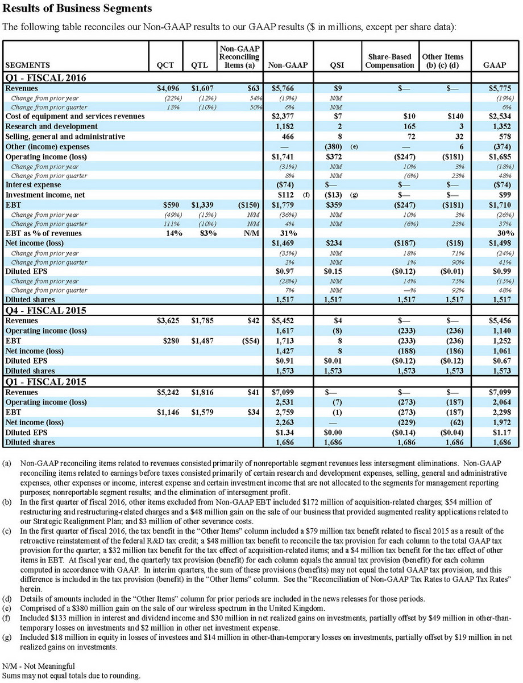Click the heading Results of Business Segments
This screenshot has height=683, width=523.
77,9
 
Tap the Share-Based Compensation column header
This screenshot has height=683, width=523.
389,61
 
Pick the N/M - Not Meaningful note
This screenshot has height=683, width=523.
39,665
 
